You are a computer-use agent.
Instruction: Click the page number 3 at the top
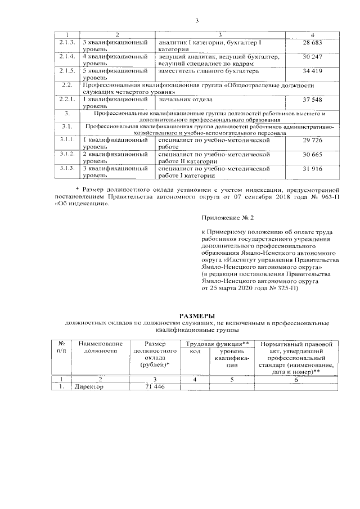pos(197,21)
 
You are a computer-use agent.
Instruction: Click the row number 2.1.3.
pos(67,43)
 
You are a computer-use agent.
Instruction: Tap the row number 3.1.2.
pos(67,154)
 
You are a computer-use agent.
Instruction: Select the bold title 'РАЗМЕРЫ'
pos(197,316)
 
